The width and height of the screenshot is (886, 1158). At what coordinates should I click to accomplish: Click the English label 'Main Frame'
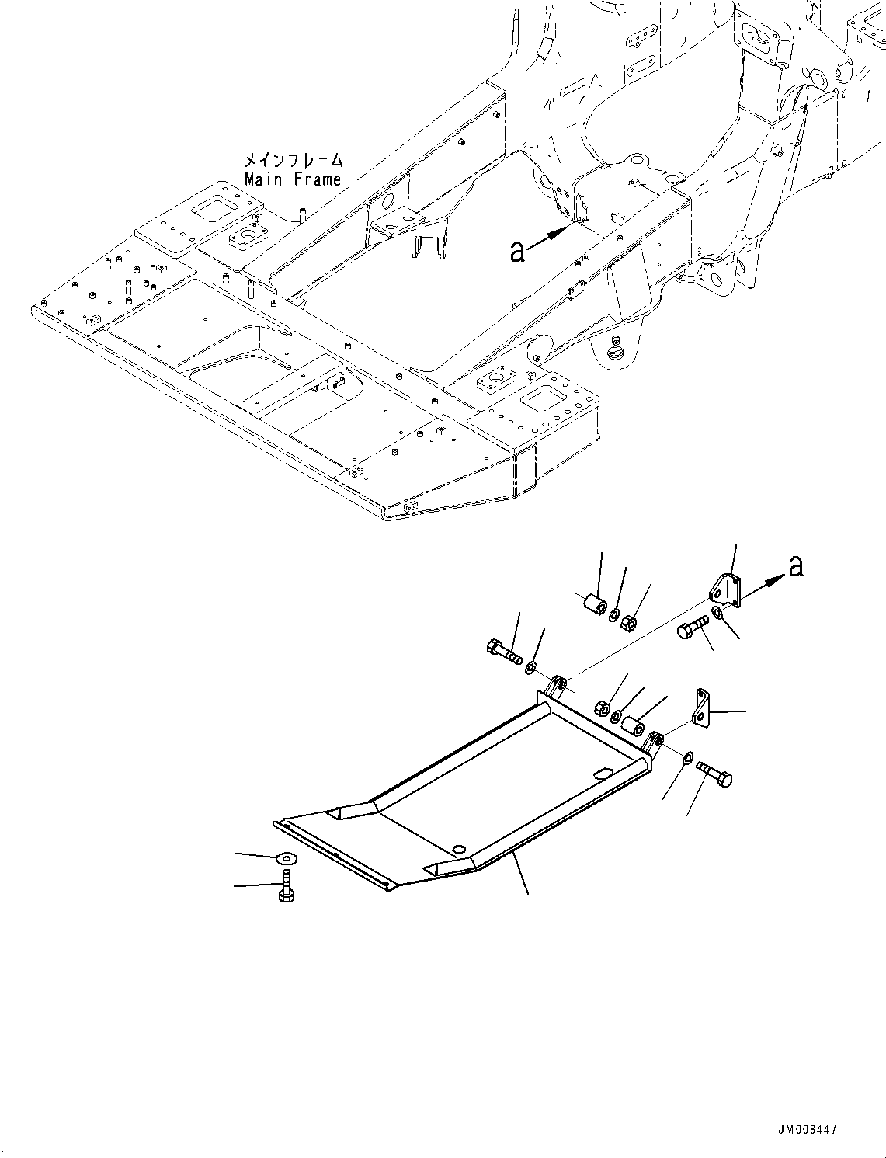click(x=293, y=179)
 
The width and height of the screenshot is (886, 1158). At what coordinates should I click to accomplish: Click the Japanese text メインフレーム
click(x=293, y=160)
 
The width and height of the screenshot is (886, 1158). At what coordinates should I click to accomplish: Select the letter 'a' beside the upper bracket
click(x=795, y=566)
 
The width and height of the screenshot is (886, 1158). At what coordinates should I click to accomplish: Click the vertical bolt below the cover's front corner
click(x=285, y=888)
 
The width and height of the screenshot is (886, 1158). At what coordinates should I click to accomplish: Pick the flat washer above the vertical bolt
click(x=287, y=857)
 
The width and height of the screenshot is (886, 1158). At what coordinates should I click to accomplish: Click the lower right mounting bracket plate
click(x=702, y=709)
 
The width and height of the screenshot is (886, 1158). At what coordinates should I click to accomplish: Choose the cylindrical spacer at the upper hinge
click(x=595, y=603)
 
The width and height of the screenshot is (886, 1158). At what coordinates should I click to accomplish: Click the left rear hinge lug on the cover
click(x=554, y=687)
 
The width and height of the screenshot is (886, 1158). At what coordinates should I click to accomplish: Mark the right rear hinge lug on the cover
click(x=651, y=742)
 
